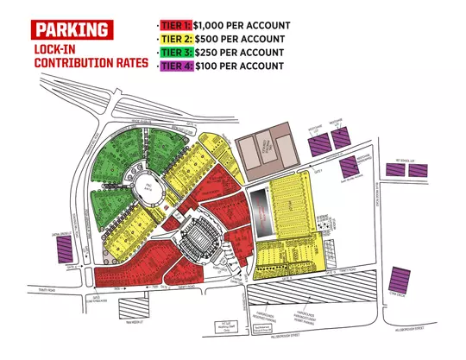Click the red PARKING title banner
pyautogui.click(x=72, y=30)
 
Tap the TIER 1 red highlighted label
pyautogui.click(x=175, y=25)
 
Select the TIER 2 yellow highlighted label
pyautogui.click(x=176, y=39)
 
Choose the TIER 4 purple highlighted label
pyautogui.click(x=176, y=66)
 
